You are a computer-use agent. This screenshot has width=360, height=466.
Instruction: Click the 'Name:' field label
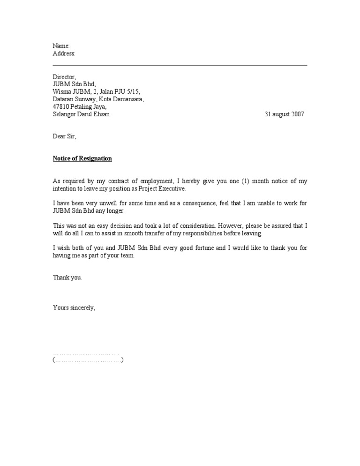61,46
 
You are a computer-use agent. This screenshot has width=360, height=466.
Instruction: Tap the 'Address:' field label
64,54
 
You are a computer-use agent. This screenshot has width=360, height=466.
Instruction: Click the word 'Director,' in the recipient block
64,77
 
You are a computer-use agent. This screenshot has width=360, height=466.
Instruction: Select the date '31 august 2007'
284,114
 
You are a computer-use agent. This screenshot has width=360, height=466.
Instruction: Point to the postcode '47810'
61,107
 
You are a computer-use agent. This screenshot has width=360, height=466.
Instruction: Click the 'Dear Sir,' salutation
64,137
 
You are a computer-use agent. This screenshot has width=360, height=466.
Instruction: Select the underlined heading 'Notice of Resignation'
82,158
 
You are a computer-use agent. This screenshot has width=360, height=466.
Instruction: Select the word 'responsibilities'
207,233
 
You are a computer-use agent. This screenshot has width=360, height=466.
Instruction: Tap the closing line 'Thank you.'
67,278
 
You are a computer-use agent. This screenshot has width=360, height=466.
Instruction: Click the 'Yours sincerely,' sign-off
74,308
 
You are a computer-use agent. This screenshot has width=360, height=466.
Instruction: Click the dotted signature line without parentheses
86,353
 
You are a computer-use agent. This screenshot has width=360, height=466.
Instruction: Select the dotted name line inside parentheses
88,360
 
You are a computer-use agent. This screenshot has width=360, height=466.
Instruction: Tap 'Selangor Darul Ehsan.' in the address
82,114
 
